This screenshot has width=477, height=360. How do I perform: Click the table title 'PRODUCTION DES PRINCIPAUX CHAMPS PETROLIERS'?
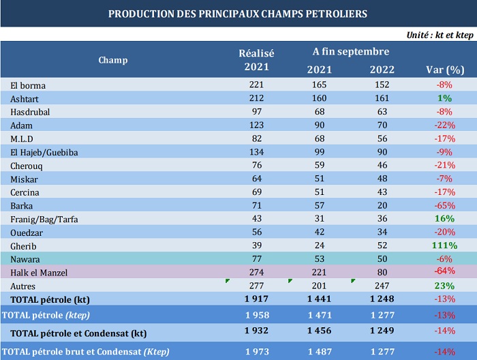click(238, 14)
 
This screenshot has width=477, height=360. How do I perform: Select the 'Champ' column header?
click(112, 60)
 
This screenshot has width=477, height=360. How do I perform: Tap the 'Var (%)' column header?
click(445, 70)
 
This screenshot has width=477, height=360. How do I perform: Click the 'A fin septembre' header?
click(351, 52)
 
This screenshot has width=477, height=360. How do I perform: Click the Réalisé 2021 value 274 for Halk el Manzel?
click(256, 272)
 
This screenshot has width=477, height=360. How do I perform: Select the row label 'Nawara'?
click(25, 259)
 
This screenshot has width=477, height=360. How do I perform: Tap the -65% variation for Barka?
click(445, 205)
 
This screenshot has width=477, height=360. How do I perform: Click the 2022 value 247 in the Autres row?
click(382, 286)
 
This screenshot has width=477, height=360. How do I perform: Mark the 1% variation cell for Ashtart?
click(445, 98)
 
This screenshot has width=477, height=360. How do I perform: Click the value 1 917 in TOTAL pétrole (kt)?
click(256, 299)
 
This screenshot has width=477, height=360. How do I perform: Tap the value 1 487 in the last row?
click(320, 352)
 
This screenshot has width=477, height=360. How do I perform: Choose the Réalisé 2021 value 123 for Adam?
click(256, 125)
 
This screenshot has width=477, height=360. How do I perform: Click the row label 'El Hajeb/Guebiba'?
click(44, 152)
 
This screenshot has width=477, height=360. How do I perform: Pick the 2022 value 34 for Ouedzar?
click(382, 232)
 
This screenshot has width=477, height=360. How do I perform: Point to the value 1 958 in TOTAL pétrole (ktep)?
click(256, 314)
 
